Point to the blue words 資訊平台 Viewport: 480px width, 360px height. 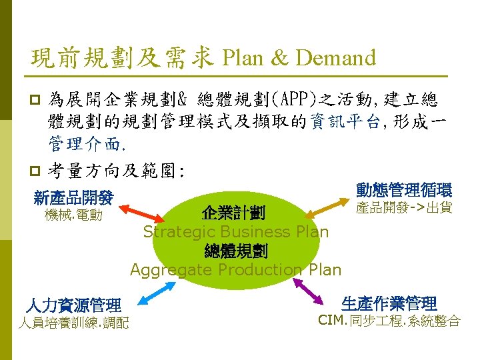tap(343, 121)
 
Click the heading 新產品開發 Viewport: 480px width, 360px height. tap(73, 197)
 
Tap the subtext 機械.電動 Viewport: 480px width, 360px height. tap(73, 215)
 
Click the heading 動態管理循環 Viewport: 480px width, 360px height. tap(404, 190)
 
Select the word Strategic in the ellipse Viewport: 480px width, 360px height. tap(175, 232)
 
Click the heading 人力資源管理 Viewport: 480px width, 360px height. tap(73, 306)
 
